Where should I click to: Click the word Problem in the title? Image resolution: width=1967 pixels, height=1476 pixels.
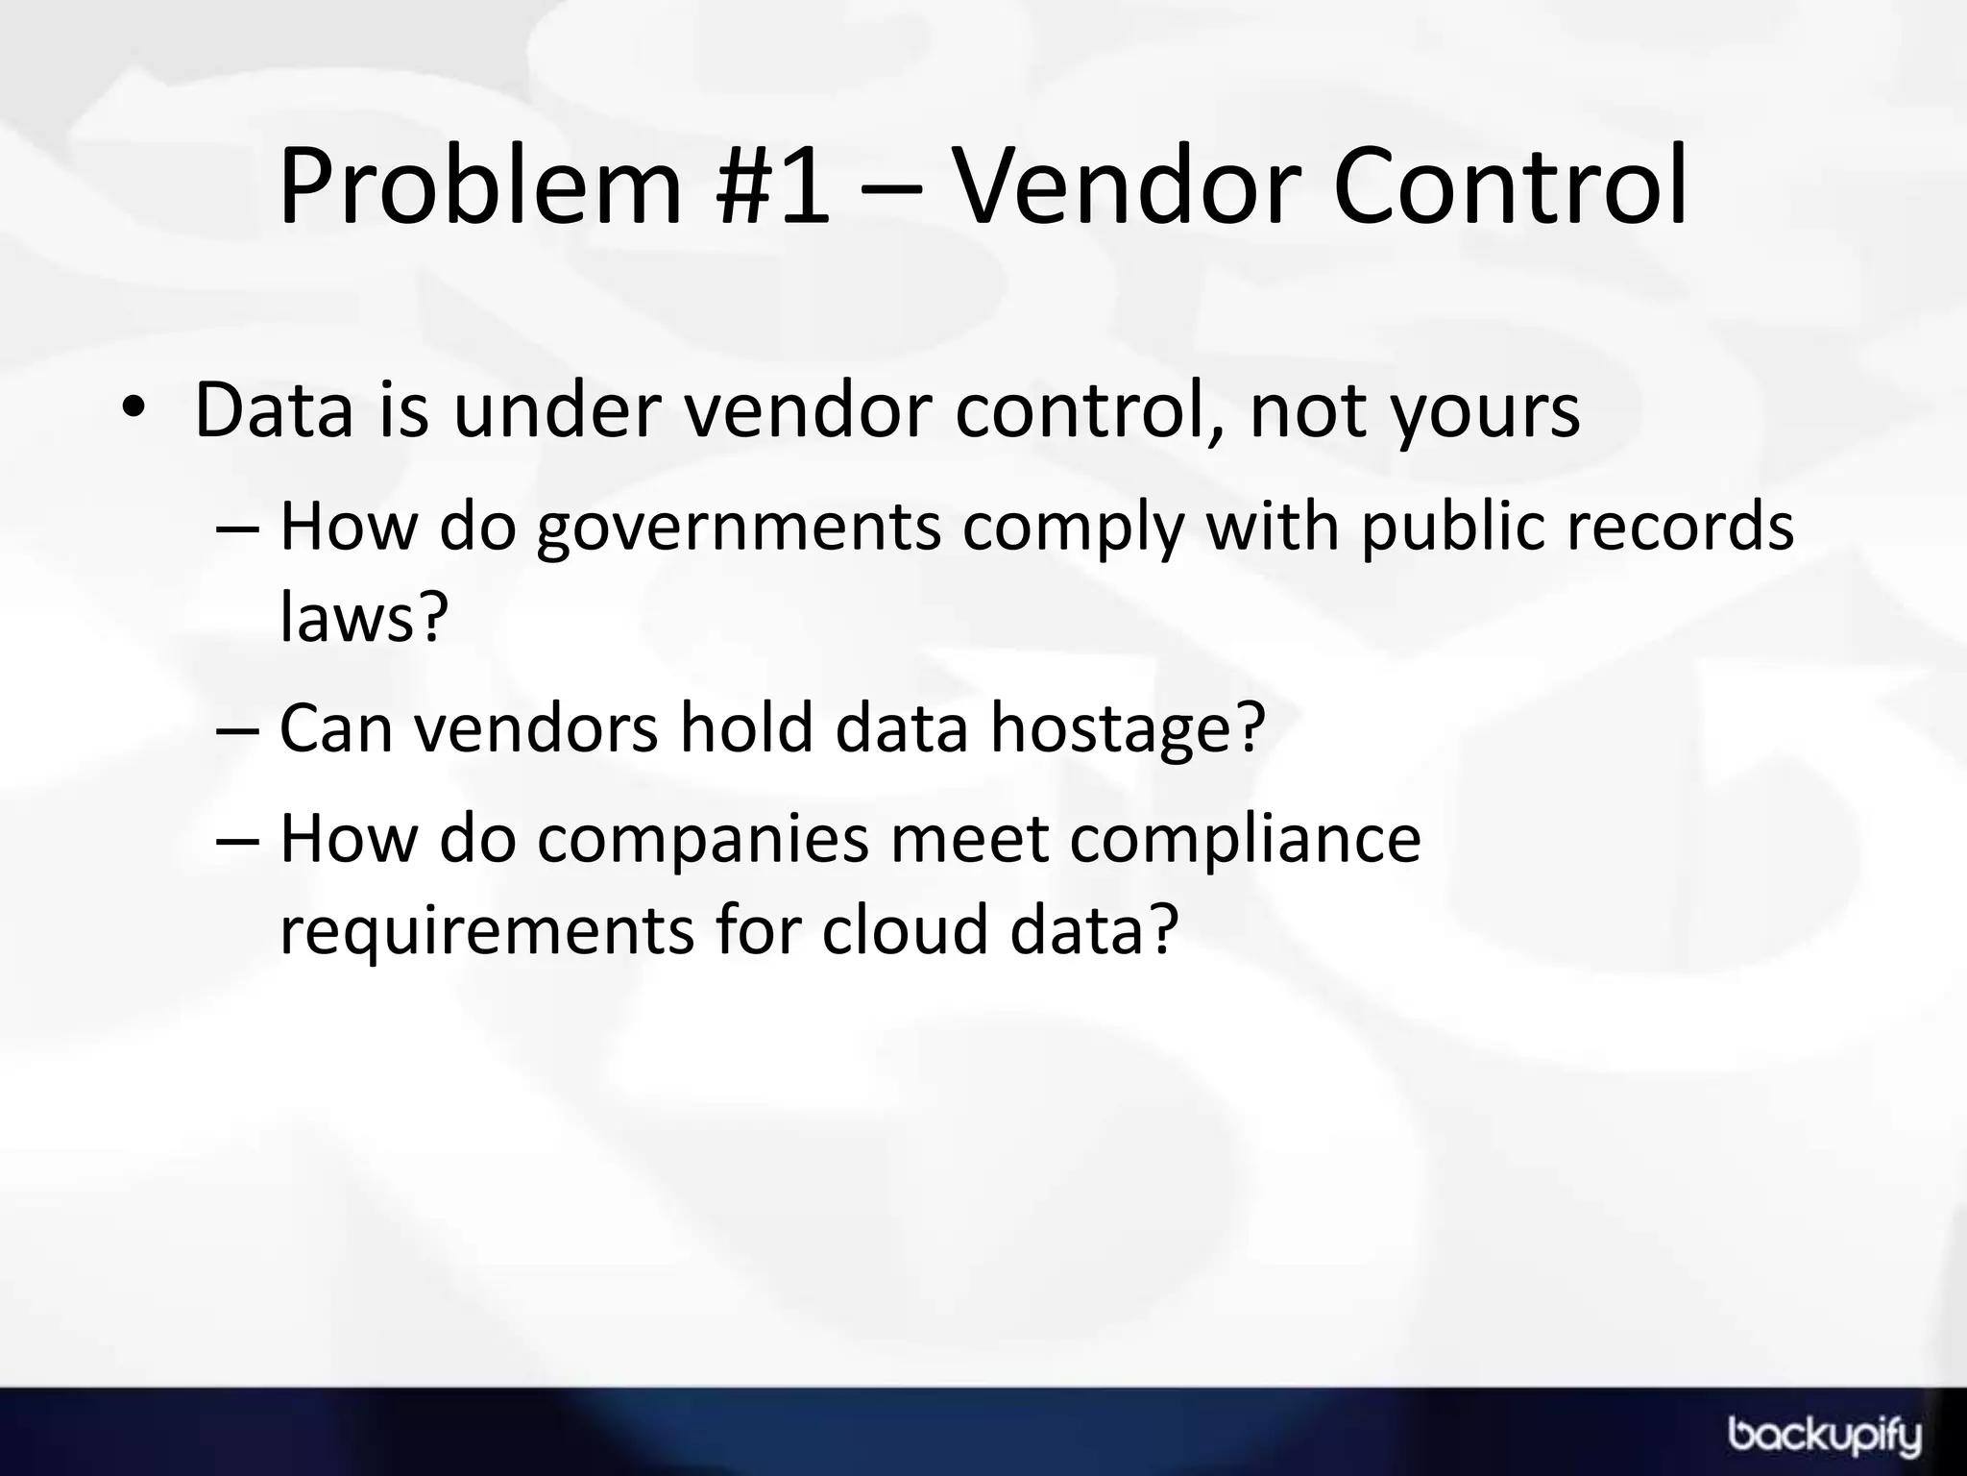(x=479, y=187)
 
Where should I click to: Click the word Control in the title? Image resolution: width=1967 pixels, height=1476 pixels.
(x=1509, y=187)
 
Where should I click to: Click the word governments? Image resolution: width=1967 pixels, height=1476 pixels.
(x=739, y=529)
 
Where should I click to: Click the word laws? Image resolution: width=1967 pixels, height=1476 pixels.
(x=364, y=617)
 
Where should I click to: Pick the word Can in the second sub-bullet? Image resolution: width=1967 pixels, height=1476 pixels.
(x=336, y=727)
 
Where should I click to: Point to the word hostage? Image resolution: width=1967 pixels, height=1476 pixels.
(x=1129, y=729)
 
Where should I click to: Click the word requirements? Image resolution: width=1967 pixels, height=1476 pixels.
(x=486, y=931)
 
